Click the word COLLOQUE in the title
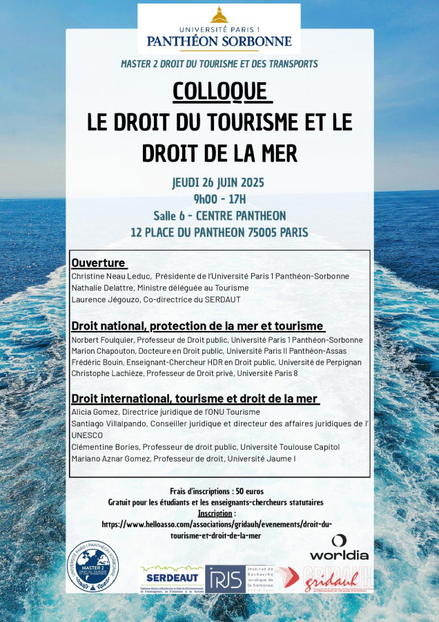pyautogui.click(x=219, y=91)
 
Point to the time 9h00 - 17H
pyautogui.click(x=219, y=199)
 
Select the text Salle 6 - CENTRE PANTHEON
pyautogui.click(x=219, y=216)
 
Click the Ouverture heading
pyautogui.click(x=99, y=263)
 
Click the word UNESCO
pyautogui.click(x=86, y=435)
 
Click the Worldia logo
pyautogui.click(x=339, y=547)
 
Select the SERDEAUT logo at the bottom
pyautogui.click(x=170, y=578)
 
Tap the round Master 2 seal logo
pyautogui.click(x=93, y=566)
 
